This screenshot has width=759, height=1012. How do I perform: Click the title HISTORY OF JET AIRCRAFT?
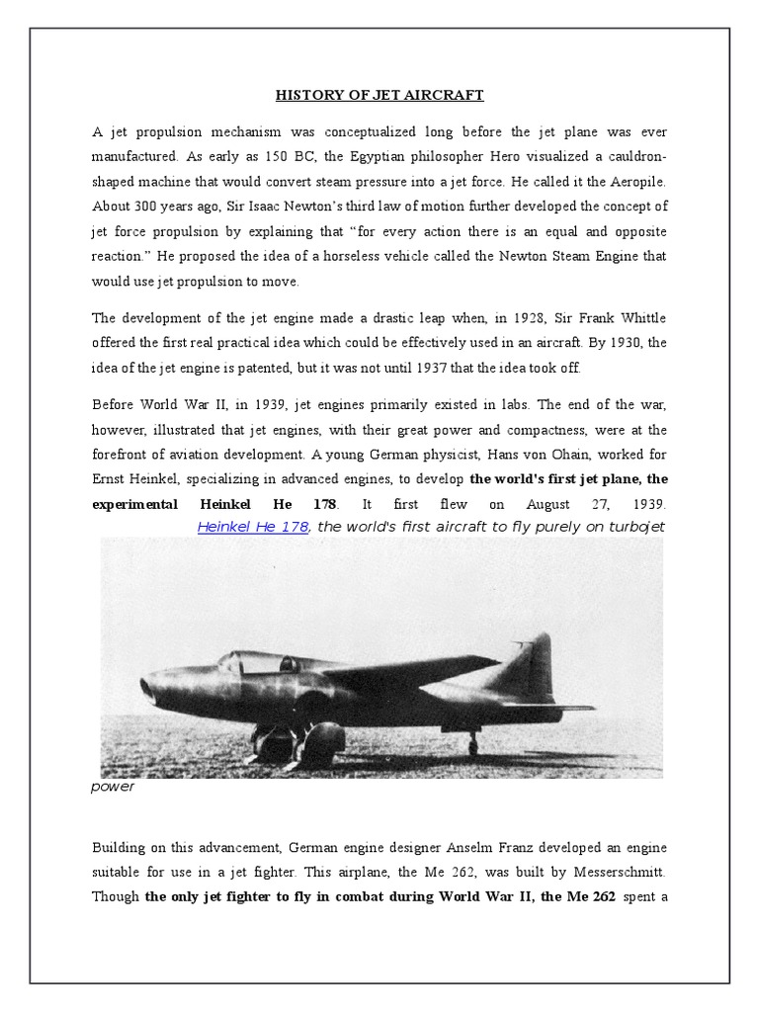[379, 96]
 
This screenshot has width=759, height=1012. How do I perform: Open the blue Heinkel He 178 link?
[254, 527]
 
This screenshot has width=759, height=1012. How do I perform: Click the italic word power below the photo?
[114, 788]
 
